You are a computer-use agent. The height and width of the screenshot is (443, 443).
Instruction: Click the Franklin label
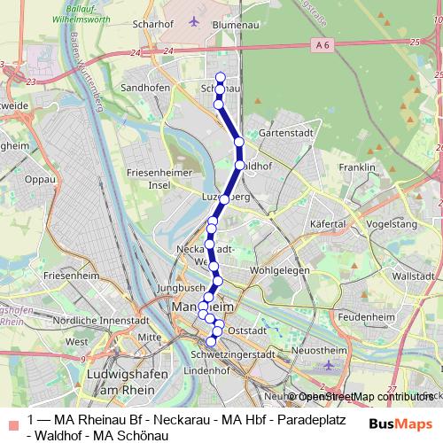[357, 167]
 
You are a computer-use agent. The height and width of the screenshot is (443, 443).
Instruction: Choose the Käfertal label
[327, 225]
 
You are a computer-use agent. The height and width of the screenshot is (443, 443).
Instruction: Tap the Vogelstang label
[391, 225]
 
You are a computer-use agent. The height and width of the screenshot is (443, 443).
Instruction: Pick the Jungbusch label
[180, 289]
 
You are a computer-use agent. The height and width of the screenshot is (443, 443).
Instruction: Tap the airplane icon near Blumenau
[195, 20]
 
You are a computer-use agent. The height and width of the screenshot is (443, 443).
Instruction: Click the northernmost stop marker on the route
[220, 76]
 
